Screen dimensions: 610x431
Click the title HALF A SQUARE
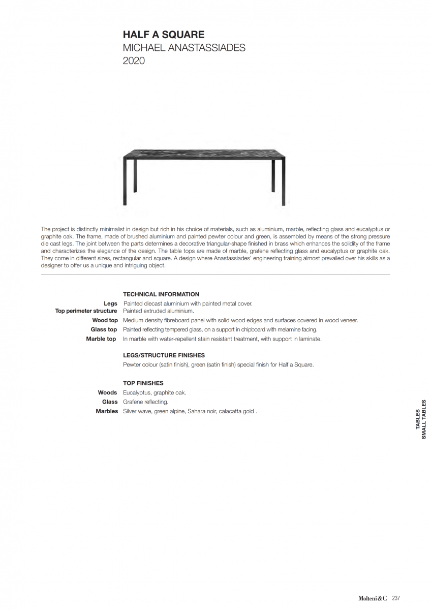point(164,35)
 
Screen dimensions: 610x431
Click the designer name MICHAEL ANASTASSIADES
point(184,48)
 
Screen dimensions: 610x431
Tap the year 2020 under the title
point(134,61)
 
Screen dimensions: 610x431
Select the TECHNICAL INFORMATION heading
point(161,294)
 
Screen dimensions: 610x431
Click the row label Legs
point(110,303)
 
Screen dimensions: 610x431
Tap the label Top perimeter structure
point(86,311)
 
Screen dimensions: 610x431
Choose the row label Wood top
point(105,320)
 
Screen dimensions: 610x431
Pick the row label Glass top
point(104,329)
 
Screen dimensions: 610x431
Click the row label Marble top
point(101,339)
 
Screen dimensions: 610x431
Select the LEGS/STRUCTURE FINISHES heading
point(164,355)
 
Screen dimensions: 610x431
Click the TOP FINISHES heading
point(143,383)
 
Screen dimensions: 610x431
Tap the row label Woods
point(107,392)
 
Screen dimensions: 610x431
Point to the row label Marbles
point(107,411)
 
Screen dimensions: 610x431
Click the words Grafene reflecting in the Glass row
point(145,402)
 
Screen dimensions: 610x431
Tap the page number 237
point(396,598)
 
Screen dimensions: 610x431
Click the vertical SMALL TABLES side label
point(424,419)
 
